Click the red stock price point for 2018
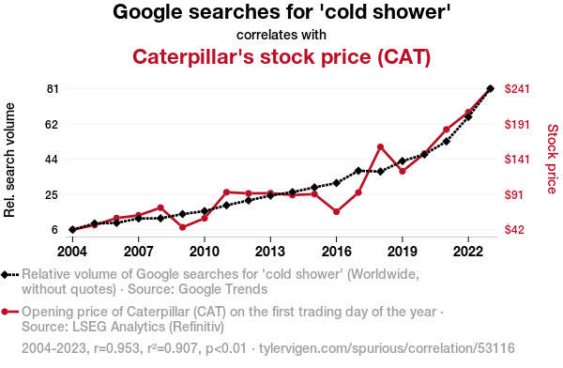pos(380,147)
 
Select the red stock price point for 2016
pos(337,211)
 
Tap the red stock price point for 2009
pos(182,227)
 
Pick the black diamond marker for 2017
pos(358,171)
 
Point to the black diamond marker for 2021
pos(447,142)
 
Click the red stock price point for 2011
pos(226,192)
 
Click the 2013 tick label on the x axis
pos(270,252)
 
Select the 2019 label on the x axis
pos(403,252)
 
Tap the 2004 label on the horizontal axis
pos(72,252)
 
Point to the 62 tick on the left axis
pos(52,124)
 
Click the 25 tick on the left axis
pos(52,194)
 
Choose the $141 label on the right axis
pos(517,160)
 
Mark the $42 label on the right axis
pos(514,230)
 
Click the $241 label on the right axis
pos(517,89)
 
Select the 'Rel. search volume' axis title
pos(9,160)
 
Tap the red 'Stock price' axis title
pos(553,159)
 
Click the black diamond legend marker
pos(5,275)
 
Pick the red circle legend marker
pos(5,312)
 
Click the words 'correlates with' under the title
pos(281,35)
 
